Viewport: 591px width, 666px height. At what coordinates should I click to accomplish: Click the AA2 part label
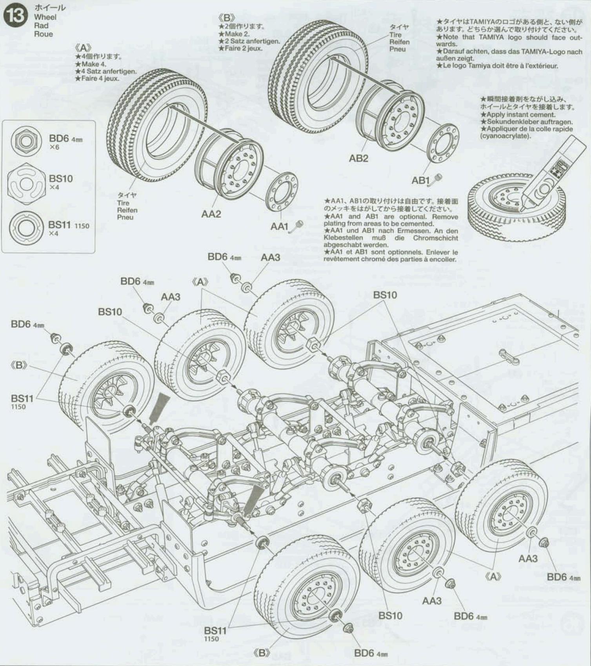[x=211, y=214]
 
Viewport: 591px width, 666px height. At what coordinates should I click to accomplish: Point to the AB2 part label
[x=358, y=158]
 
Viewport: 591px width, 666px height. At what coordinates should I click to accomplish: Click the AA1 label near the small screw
[x=279, y=227]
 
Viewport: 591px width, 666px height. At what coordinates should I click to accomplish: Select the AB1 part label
[x=420, y=180]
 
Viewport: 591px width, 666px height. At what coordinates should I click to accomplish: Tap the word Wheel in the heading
[x=45, y=17]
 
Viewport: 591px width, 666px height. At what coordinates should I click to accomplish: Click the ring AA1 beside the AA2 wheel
[x=282, y=191]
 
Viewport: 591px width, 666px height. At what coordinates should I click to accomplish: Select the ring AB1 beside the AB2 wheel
[x=442, y=143]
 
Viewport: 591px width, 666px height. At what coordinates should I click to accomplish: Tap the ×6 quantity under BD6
[x=54, y=147]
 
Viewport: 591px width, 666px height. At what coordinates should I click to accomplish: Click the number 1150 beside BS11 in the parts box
[x=82, y=226]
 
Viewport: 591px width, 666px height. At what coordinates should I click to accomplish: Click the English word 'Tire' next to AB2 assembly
[x=395, y=35]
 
